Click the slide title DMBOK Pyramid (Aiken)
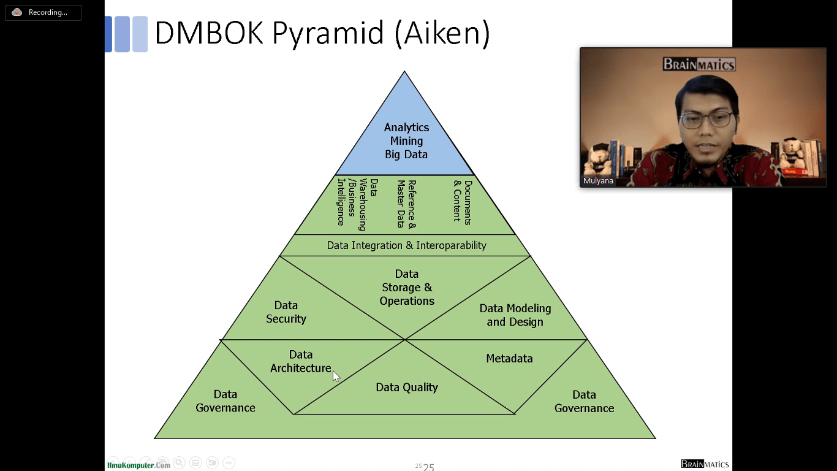322,33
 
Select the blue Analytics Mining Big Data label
406,141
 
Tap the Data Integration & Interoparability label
406,245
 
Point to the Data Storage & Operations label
407,287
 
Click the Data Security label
286,312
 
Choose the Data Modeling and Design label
515,315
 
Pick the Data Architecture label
301,361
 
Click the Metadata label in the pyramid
509,358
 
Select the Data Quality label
407,387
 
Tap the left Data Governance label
225,401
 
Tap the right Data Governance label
584,401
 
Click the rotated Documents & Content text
463,201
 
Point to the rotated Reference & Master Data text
406,204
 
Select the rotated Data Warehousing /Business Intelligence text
352,204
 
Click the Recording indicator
43,12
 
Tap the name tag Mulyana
599,181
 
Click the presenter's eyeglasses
705,119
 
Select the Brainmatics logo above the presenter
699,64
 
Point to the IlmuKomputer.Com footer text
138,465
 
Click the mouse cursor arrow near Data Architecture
336,375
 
